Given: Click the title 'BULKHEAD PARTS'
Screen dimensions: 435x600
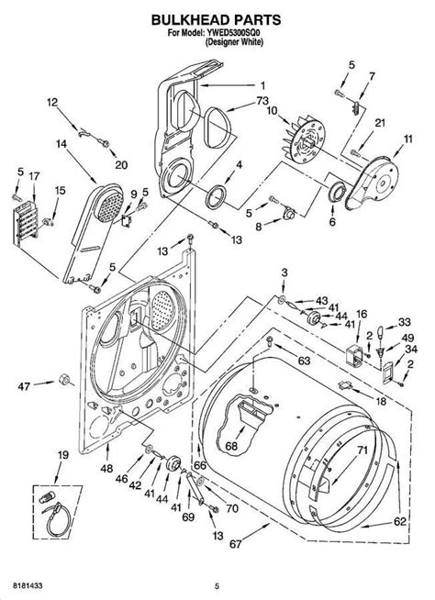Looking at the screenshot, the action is point(216,19).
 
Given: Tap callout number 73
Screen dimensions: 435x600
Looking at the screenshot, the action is point(262,101).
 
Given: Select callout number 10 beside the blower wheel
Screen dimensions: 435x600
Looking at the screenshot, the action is point(273,111).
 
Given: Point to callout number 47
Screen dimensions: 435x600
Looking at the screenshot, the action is point(24,387).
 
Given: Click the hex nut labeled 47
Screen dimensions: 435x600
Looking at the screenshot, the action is point(64,380).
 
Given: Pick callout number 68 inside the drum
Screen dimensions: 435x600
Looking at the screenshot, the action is point(231,446).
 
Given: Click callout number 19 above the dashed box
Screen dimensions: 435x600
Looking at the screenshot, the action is point(62,455).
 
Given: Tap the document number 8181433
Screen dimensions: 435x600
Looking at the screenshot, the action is point(28,585).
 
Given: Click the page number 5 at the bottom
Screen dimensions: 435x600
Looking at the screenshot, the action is point(217,586).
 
